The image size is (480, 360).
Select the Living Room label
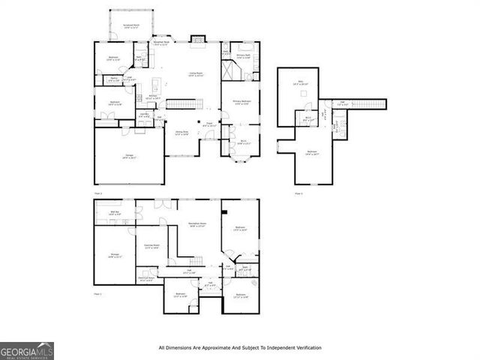pyautogui.click(x=196, y=73)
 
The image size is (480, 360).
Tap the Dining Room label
pyautogui.click(x=181, y=133)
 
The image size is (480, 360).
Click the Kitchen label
pyautogui.click(x=152, y=97)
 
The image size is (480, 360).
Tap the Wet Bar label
pyautogui.click(x=115, y=214)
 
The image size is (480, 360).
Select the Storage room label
pyautogui.click(x=115, y=256)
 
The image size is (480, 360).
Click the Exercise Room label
pyautogui.click(x=152, y=247)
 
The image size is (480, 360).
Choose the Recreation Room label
pyautogui.click(x=197, y=225)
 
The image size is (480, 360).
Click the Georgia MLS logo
pyautogui.click(x=26, y=351)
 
